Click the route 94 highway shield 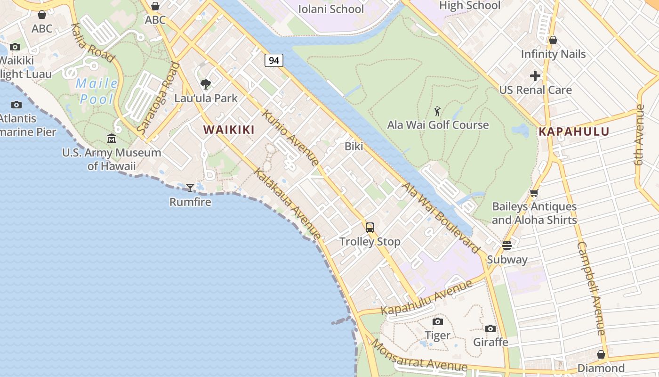[x=273, y=60]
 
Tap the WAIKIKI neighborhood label [x=229, y=130]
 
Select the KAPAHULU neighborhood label [x=574, y=131]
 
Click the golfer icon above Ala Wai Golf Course [x=437, y=112]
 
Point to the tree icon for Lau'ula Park [x=206, y=85]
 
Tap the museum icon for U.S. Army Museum [x=112, y=139]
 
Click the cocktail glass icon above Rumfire [x=190, y=188]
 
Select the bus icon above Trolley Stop [x=370, y=228]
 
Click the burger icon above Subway [x=506, y=246]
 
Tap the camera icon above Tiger [x=438, y=321]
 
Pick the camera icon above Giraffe [x=490, y=328]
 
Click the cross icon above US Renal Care [x=535, y=75]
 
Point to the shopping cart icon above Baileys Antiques [x=534, y=193]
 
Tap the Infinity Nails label [x=553, y=54]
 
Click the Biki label [x=354, y=146]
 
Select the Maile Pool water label [x=97, y=91]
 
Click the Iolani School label [x=331, y=9]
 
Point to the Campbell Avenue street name [x=591, y=288]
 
